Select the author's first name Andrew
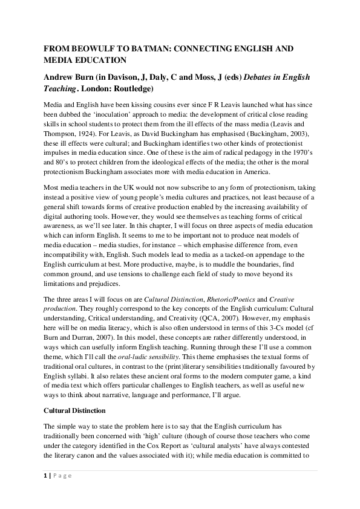point(60,77)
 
